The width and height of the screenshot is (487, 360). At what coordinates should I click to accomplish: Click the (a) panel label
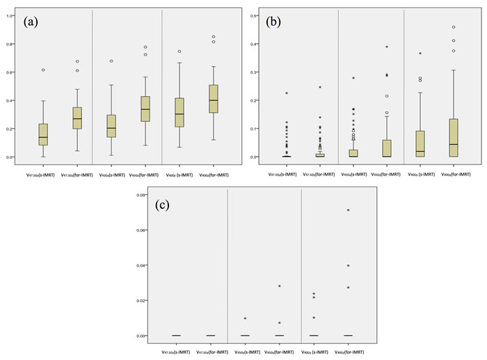pyautogui.click(x=33, y=22)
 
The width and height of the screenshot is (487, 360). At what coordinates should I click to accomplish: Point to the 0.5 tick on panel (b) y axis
pyautogui.click(x=253, y=15)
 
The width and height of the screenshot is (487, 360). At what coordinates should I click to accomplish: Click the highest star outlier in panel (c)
pyautogui.click(x=348, y=210)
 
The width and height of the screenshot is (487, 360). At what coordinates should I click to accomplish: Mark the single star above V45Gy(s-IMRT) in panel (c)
pyautogui.click(x=246, y=319)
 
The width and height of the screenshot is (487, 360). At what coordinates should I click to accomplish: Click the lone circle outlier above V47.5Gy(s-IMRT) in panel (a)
pyautogui.click(x=43, y=70)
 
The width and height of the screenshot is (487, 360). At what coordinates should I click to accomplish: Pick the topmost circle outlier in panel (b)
pyautogui.click(x=453, y=27)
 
